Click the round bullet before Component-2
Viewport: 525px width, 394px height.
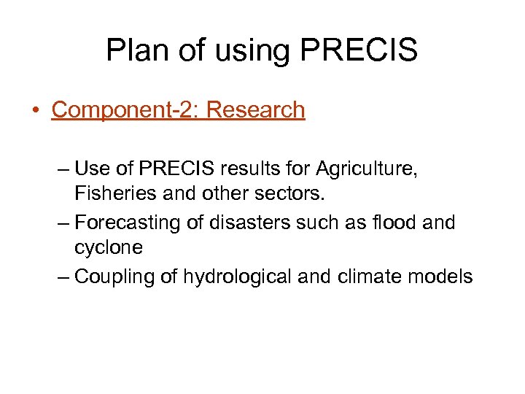pos(35,111)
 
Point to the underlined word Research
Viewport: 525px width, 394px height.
pos(257,110)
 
